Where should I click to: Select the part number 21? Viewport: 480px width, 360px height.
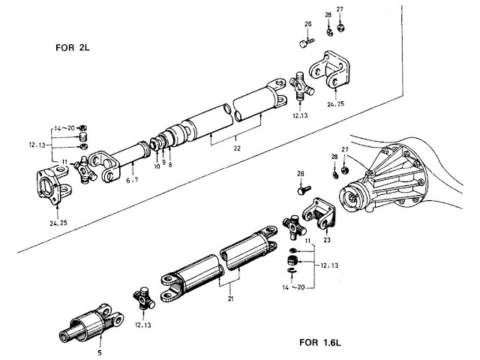[x=220, y=298]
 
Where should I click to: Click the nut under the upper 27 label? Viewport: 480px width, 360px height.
[x=340, y=28]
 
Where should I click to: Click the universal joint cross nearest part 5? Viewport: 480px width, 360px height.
[x=142, y=300]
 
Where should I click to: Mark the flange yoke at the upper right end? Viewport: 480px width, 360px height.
[x=331, y=71]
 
